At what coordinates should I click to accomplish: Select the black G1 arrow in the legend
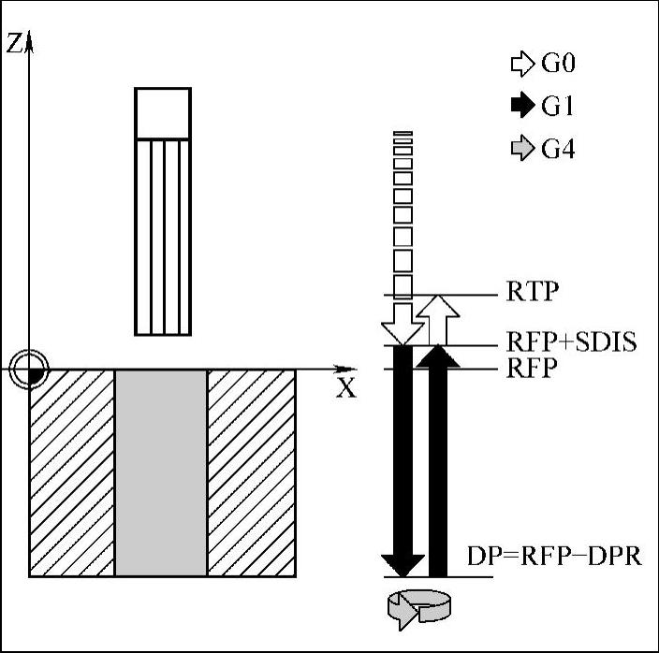(x=520, y=107)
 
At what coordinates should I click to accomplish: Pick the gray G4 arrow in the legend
(x=520, y=149)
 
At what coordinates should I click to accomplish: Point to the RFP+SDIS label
(x=571, y=342)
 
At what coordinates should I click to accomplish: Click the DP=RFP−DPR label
(x=553, y=558)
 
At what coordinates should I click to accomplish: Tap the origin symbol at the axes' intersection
(x=31, y=370)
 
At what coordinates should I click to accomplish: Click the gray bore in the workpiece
(x=160, y=472)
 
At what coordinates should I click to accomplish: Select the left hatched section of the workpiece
(x=72, y=472)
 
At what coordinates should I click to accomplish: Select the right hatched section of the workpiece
(x=251, y=472)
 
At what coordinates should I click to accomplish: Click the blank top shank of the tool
(x=163, y=113)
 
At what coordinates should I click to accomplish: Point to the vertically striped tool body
(x=163, y=236)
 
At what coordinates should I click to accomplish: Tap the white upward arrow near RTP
(x=437, y=318)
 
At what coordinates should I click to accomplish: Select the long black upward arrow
(x=438, y=458)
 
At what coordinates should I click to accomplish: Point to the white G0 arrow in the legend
(x=520, y=65)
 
